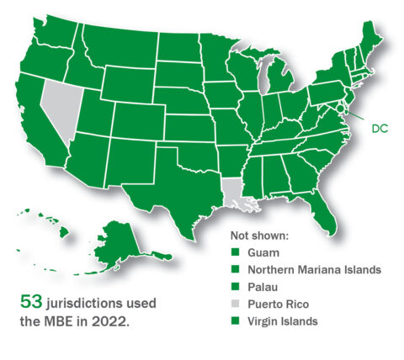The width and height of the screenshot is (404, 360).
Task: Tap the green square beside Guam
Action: point(235,251)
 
